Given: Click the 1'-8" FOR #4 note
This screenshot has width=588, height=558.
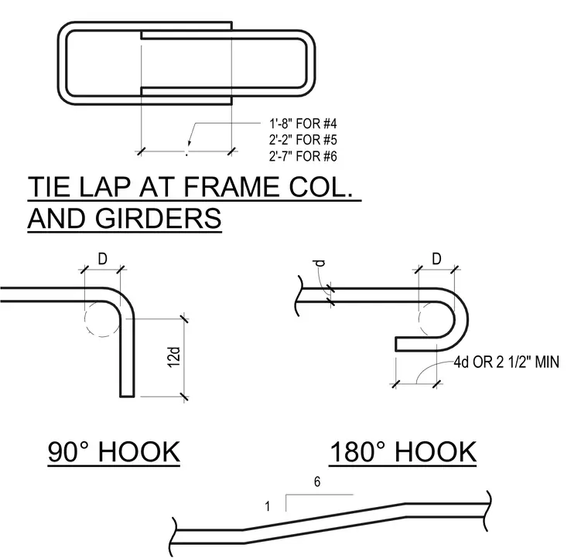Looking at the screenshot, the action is (303, 123).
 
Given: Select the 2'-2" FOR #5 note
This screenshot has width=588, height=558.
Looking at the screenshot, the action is (303, 140).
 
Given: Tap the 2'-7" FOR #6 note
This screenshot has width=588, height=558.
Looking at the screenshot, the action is (303, 156).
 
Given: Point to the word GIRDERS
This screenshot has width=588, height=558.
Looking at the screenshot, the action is (159, 218).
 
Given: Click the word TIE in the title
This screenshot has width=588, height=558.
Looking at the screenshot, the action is (50, 186).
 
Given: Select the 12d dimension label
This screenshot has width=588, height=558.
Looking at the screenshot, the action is (174, 357).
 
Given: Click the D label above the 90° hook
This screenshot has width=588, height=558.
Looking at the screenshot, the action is (102, 259).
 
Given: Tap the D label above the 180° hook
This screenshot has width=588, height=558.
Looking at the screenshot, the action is (436, 259).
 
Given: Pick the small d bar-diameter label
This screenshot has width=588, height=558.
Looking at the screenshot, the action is (320, 264).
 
